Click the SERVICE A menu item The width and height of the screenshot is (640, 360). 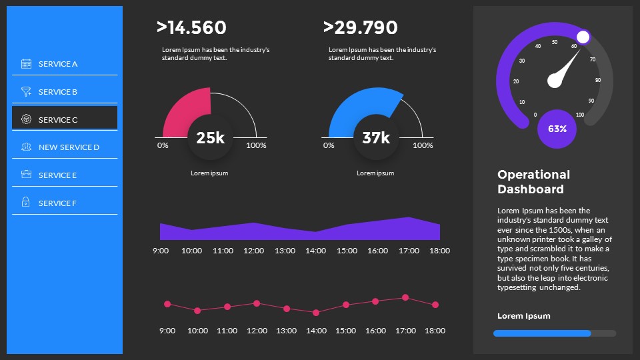[58, 64]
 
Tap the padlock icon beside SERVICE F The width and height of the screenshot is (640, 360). [26, 202]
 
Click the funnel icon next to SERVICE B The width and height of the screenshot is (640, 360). [26, 92]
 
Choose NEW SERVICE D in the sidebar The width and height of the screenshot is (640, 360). [69, 147]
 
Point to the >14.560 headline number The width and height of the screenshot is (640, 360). [191, 27]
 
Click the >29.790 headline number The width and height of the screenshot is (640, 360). [360, 27]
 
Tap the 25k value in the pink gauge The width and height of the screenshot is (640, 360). [210, 138]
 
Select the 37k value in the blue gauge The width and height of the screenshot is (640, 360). [376, 138]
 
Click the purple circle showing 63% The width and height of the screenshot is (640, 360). [557, 129]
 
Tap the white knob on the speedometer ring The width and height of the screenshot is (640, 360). [583, 37]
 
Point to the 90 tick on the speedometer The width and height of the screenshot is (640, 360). [591, 101]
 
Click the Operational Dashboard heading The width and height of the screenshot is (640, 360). [533, 181]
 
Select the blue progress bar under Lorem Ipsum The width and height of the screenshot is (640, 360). [542, 333]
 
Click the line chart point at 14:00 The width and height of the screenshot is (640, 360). [316, 312]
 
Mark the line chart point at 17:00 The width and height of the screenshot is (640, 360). [405, 297]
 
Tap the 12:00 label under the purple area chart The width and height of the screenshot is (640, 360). [253, 251]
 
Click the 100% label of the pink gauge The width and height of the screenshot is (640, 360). [257, 145]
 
